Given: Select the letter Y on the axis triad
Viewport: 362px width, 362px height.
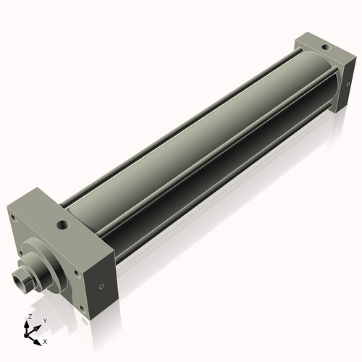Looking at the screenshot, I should pos(44,320).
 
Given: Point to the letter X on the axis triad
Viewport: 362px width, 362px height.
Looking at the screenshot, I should pos(45,340).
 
